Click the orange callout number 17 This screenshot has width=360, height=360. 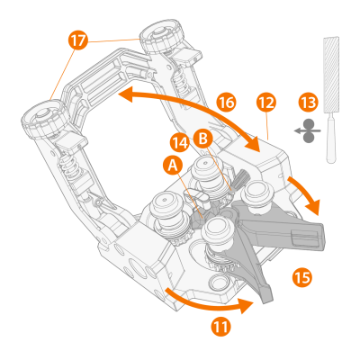point(78,40)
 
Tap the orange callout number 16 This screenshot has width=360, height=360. point(227,103)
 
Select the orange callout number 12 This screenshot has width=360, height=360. point(266,103)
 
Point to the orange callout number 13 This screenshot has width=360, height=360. point(309,103)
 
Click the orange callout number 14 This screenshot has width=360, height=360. point(180,143)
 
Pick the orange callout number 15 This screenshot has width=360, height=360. point(302,276)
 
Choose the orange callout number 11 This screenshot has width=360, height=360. point(221,326)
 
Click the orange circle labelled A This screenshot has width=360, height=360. point(173,166)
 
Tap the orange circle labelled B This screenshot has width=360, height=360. point(202,139)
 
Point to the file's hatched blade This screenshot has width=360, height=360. point(331,75)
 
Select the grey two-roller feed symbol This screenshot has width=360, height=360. point(308,130)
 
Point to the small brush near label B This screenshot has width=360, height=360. point(238,181)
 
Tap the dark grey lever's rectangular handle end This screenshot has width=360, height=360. point(307,237)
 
